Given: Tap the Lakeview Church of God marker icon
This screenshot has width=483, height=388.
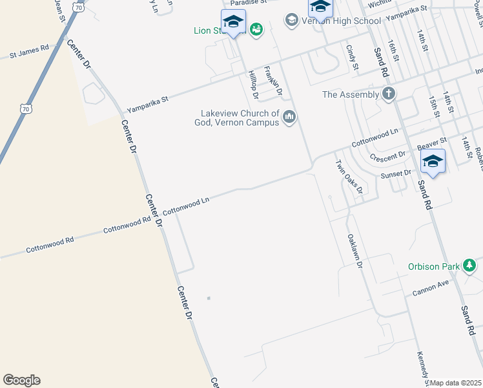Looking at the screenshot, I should click(x=289, y=117).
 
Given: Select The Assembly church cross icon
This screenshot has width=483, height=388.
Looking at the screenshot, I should click(x=388, y=94).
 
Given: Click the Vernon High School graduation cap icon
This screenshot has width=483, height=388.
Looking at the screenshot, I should click(x=292, y=21).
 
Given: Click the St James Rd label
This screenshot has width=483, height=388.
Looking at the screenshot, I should click(x=30, y=52).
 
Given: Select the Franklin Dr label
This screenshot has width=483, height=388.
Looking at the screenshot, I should click(x=274, y=83).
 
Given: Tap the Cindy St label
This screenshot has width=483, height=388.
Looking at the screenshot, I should click(x=352, y=57).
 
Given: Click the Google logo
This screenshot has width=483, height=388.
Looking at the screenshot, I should click(x=21, y=380).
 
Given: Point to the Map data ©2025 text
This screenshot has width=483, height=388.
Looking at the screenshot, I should click(x=456, y=383).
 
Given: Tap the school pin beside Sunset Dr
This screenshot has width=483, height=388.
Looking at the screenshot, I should click(x=433, y=161).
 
